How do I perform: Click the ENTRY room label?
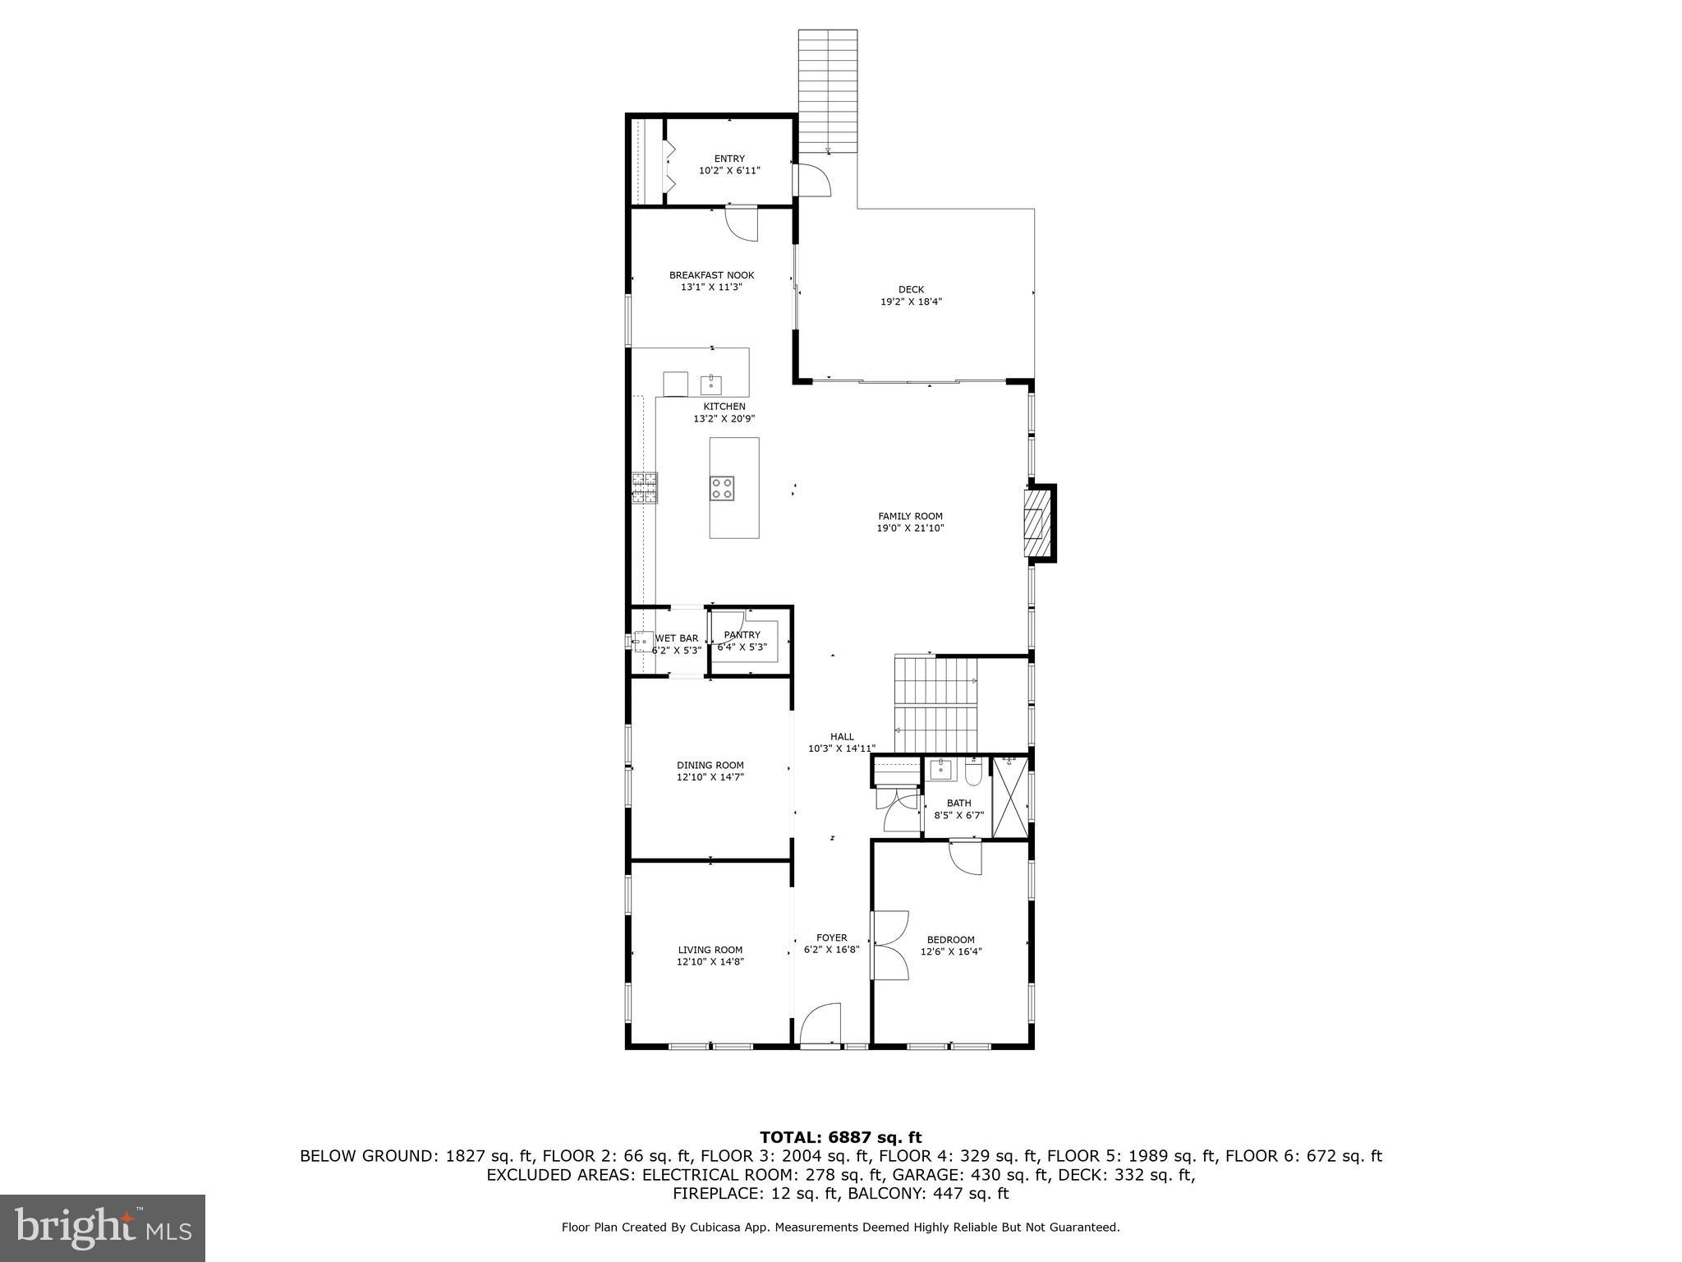[x=729, y=159]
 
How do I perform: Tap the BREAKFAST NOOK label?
[x=711, y=275]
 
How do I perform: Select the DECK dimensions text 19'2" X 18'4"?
[x=911, y=302]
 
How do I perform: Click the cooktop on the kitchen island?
[x=722, y=488]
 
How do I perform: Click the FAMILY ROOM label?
[x=910, y=516]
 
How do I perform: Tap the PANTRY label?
[x=742, y=635]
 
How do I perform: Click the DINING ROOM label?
[x=710, y=765]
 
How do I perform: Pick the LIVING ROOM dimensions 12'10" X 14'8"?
[x=710, y=961]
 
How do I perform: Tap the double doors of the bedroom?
[x=890, y=945]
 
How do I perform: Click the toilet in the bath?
[x=973, y=773]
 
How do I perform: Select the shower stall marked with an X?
[x=1010, y=798]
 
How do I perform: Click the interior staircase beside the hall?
[x=936, y=705]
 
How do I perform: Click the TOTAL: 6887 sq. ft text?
[x=840, y=1137]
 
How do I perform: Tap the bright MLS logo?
[x=103, y=1227]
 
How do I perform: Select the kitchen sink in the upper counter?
[x=710, y=384]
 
